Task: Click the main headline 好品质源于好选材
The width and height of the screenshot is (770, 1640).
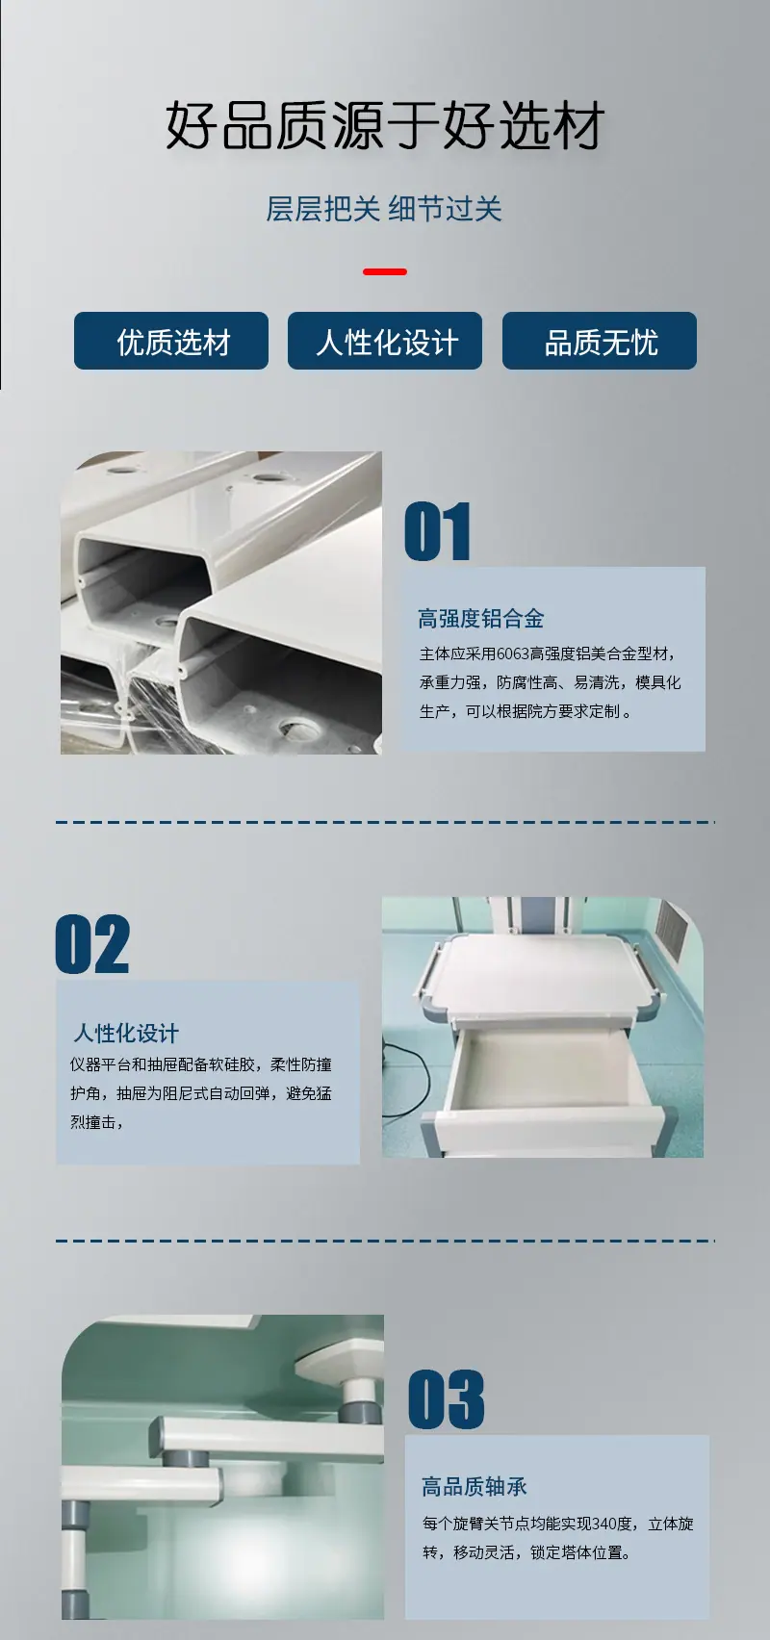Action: (x=385, y=125)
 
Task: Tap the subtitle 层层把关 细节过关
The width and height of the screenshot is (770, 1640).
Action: (x=383, y=209)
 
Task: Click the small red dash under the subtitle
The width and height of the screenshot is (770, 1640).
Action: (x=385, y=271)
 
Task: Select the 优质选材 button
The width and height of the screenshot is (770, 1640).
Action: (x=171, y=341)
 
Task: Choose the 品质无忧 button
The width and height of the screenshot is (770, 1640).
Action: (x=600, y=341)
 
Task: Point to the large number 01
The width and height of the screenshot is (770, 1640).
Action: (x=438, y=531)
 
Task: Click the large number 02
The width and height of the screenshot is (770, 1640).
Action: (x=92, y=944)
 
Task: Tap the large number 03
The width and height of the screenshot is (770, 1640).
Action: (x=447, y=1399)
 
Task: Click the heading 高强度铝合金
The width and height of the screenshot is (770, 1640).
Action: (x=481, y=619)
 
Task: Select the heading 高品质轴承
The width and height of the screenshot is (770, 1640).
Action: (x=475, y=1486)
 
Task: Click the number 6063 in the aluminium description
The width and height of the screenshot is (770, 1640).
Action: (x=512, y=653)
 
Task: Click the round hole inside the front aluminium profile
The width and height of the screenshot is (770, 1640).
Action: (x=297, y=729)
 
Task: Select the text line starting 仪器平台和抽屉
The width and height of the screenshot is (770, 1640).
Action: (x=201, y=1064)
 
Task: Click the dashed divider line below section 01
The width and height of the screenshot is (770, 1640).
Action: (x=385, y=822)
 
